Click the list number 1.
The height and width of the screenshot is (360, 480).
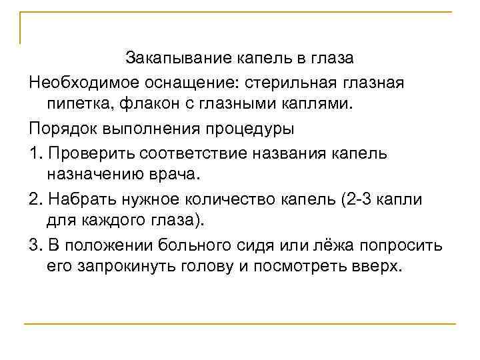tap(33, 153)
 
